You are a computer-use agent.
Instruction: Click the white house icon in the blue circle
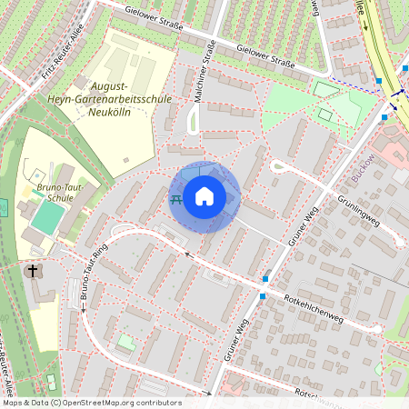click(x=204, y=196)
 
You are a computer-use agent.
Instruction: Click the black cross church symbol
click(x=33, y=271)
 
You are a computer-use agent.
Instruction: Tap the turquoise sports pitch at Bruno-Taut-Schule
click(x=47, y=216)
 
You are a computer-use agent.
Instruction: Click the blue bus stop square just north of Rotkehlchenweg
click(x=265, y=278)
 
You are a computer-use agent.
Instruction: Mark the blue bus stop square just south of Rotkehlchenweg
click(x=263, y=295)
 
